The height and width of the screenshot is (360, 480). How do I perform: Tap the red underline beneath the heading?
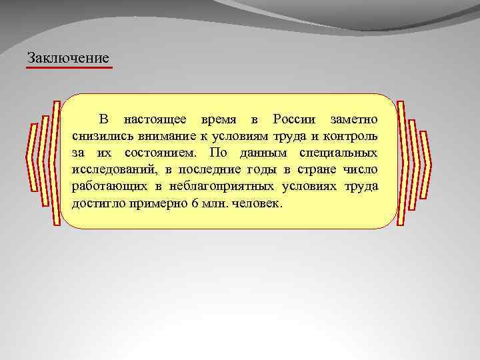tap(69, 67)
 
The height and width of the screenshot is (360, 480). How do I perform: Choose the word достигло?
tap(95, 203)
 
